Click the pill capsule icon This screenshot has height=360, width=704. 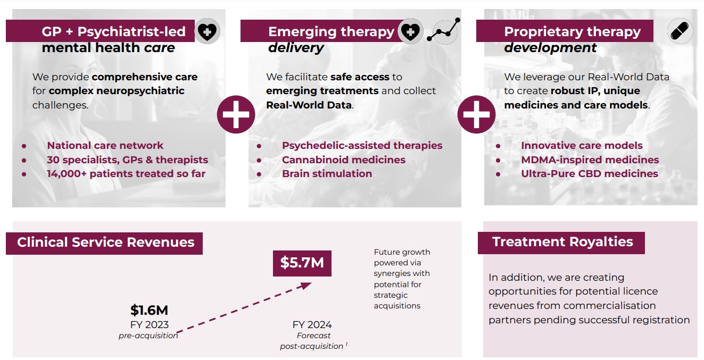[680, 31]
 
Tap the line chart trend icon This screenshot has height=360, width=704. [443, 30]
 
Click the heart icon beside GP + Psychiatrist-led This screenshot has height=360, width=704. [207, 31]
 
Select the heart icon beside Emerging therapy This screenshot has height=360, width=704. [410, 31]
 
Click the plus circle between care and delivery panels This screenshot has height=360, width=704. [236, 114]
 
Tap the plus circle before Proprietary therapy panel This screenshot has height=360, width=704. [476, 114]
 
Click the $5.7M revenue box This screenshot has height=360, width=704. [302, 263]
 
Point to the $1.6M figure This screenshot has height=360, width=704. [150, 311]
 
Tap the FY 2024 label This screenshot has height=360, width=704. [312, 324]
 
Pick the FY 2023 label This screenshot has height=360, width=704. [150, 324]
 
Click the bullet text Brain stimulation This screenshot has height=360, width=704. [327, 174]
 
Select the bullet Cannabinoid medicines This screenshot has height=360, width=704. [344, 160]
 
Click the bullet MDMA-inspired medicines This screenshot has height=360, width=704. [590, 160]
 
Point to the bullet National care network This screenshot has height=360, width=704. [105, 146]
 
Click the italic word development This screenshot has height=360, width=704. [550, 48]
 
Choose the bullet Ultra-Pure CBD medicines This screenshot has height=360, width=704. [589, 174]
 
